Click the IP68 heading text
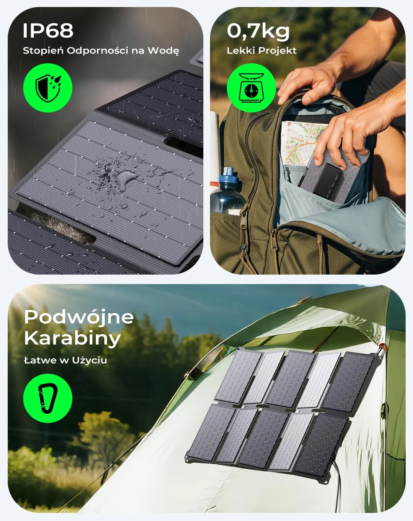click(48, 31)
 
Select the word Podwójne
click(79, 317)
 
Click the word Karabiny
click(72, 339)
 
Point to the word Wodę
click(163, 51)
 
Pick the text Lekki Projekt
click(262, 51)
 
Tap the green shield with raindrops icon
click(48, 88)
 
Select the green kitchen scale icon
click(251, 88)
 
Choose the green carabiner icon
click(48, 398)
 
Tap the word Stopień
click(43, 51)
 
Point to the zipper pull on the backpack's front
click(243, 247)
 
